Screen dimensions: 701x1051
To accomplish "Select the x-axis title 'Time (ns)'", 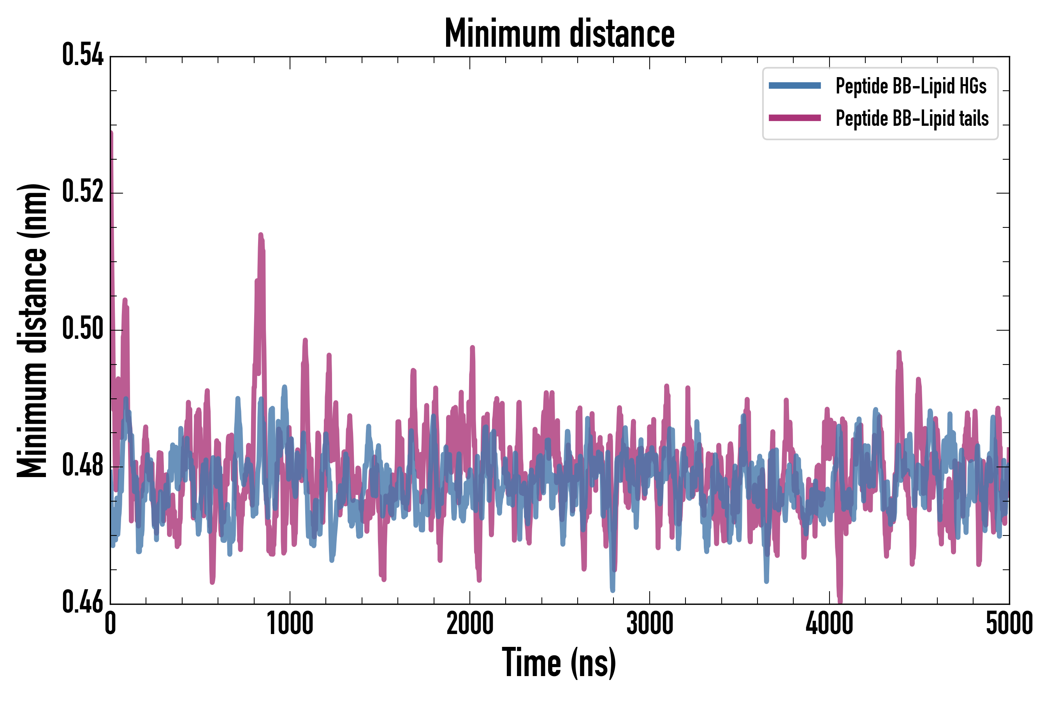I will tap(559, 662).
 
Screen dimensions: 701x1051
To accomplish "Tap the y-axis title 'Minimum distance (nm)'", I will tap(32, 330).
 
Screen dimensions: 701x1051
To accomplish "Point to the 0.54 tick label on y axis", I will tap(83, 55).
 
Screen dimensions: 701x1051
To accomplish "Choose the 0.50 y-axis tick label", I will tap(83, 329).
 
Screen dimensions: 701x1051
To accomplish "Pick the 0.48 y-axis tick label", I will tap(83, 465).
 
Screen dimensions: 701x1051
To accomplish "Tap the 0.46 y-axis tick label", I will tap(83, 602).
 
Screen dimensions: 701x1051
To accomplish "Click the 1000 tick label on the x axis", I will tap(290, 624).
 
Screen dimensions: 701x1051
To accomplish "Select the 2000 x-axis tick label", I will tap(470, 624).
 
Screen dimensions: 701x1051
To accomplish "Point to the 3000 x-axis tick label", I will tap(649, 624).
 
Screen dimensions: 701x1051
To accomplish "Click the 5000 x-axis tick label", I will tap(1009, 624).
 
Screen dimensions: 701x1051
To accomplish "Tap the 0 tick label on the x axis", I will tap(111, 624).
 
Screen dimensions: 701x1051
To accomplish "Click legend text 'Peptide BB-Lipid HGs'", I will tap(911, 86).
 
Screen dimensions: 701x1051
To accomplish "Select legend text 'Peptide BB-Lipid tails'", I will tap(912, 118).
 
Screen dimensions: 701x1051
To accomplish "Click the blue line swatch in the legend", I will tap(794, 86).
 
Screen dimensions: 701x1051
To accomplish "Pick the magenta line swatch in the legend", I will tap(794, 118).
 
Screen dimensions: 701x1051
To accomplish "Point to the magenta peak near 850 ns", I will tap(261, 235).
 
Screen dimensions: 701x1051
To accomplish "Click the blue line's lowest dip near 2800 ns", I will tap(612, 590).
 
